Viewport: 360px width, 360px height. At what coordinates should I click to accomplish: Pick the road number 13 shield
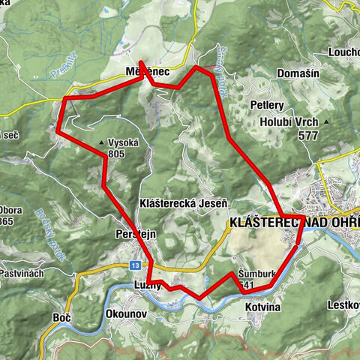[x=134, y=265]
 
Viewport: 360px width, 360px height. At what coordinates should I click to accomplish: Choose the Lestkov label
[x=343, y=305]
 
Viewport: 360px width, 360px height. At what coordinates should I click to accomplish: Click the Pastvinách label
[x=22, y=273]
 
